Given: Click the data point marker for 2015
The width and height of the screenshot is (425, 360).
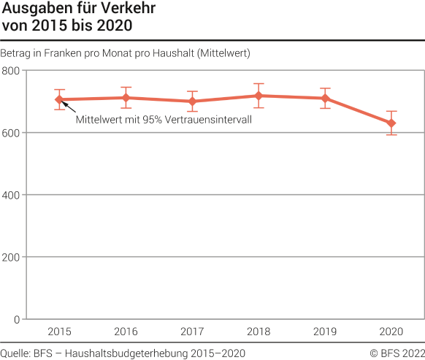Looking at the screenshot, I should click(60, 99).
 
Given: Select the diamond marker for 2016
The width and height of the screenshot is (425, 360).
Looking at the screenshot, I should click(126, 98).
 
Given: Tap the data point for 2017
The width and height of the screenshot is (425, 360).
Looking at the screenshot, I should click(192, 102).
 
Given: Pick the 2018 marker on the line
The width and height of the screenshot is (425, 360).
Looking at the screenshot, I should click(259, 96).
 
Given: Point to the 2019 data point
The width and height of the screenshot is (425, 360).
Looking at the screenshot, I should click(325, 99).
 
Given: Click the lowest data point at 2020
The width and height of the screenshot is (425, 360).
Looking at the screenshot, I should click(391, 123).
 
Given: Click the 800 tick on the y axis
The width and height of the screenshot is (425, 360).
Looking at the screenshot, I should click(11, 71).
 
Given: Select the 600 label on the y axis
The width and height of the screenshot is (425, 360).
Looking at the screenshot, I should click(11, 133).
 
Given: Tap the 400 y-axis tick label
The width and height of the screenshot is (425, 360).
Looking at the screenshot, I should click(11, 195).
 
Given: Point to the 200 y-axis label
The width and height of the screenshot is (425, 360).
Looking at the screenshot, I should click(11, 257).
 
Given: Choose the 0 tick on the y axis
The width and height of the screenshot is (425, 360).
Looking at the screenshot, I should click(16, 319).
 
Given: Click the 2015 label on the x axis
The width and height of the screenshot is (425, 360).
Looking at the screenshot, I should click(60, 332).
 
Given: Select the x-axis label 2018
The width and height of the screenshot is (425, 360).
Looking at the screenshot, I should click(259, 332).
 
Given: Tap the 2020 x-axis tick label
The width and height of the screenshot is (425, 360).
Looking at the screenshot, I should click(391, 332).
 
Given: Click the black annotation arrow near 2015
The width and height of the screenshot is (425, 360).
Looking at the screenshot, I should click(68, 107).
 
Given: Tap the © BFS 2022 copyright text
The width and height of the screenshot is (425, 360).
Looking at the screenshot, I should click(397, 353).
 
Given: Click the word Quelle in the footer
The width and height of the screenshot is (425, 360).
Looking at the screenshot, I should click(15, 353).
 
